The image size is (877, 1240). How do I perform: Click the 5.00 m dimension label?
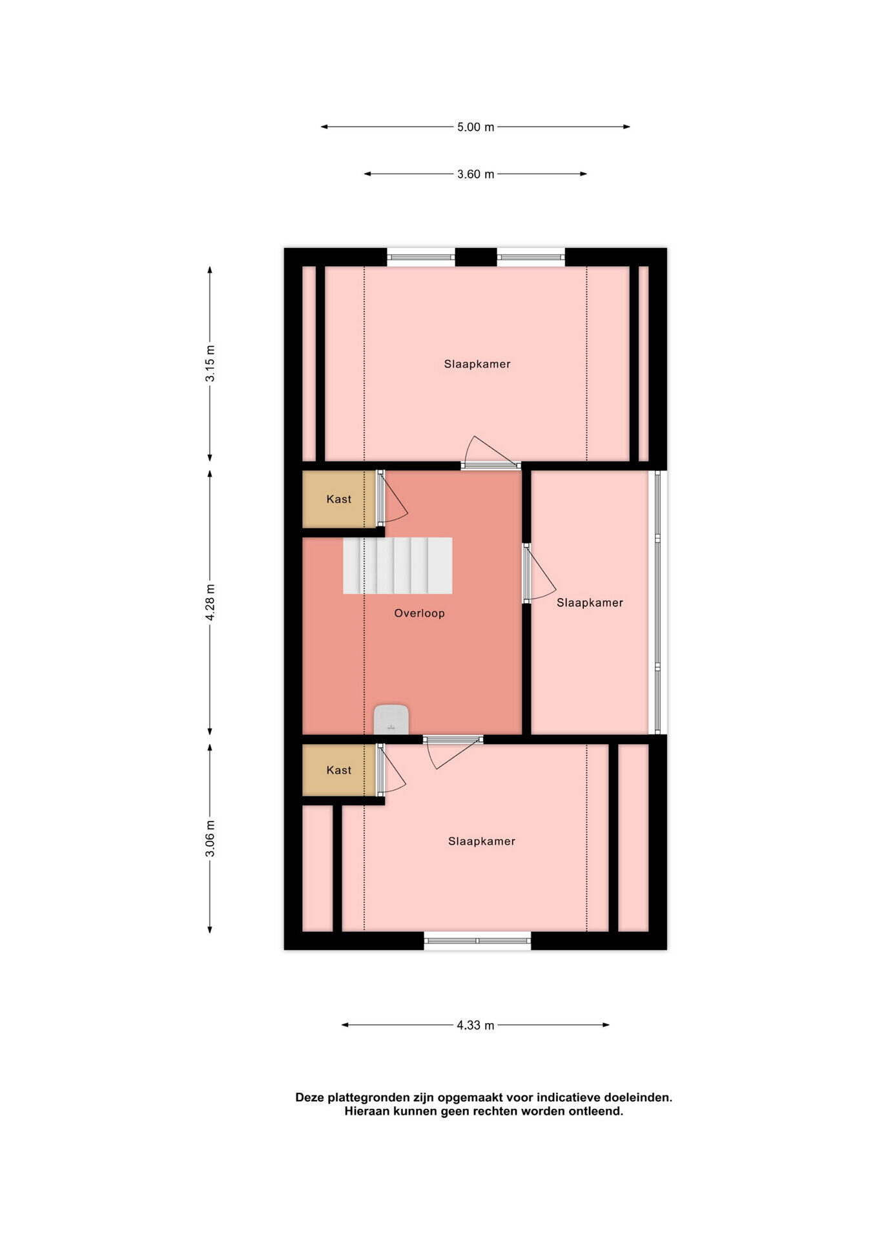tap(475, 127)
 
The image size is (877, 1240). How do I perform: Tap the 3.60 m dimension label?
tap(475, 174)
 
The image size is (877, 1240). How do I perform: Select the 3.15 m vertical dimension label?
tap(211, 364)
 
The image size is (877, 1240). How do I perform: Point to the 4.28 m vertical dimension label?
tap(211, 603)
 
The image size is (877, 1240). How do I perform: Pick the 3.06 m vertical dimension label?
tap(211, 838)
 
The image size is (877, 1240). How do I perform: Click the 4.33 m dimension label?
tap(475, 1025)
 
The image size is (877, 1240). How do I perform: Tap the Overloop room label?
tap(420, 614)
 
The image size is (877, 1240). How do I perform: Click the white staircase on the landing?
tap(397, 566)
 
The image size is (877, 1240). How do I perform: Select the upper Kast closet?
tap(339, 499)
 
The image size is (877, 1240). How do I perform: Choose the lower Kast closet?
tap(339, 770)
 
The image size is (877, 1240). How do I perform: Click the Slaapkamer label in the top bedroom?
tap(477, 364)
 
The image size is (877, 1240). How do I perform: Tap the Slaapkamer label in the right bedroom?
tap(590, 603)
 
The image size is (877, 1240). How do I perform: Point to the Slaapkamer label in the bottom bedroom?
tap(482, 842)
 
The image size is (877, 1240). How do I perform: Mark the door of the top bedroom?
tap(491, 453)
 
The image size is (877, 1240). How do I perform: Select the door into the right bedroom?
tap(539, 573)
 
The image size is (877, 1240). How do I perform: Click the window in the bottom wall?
tap(477, 941)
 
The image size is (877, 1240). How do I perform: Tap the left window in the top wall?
tap(421, 257)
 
